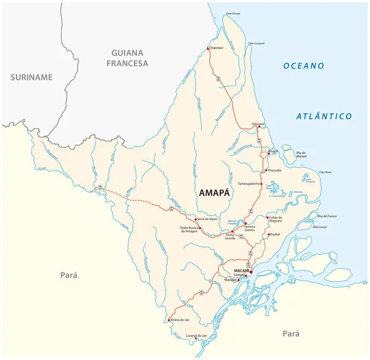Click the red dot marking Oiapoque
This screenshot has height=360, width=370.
coord(208,48)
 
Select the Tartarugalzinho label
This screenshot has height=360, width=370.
coord(252,184)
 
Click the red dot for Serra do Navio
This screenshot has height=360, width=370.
coord(195,219)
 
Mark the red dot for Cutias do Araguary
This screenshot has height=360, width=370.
coord(266,218)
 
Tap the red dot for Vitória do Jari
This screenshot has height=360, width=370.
coord(168,319)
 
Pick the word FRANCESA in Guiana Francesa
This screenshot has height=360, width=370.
coord(127,63)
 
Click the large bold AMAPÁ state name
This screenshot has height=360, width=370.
coord(215,193)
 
